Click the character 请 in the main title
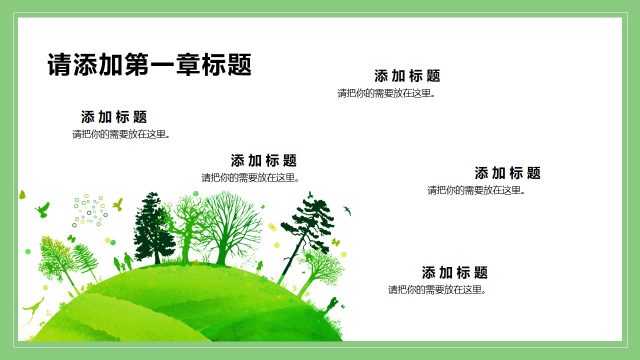coord(59,64)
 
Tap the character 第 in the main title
coord(136,64)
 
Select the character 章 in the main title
coord(187,64)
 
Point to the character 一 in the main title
coord(162,65)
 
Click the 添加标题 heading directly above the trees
coord(263,160)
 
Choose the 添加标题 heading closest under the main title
coord(114,117)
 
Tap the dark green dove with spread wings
coord(43,209)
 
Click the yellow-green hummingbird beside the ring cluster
coord(117,204)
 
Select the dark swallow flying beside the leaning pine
coord(347,210)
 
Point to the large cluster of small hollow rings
coord(89,210)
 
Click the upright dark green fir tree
coord(153,228)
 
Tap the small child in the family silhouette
coord(123,267)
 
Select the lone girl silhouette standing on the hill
coord(259,267)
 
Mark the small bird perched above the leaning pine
coord(310,195)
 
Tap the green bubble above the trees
coord(195,193)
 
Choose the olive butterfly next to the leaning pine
coord(335,242)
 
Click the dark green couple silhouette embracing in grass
coord(331,305)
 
